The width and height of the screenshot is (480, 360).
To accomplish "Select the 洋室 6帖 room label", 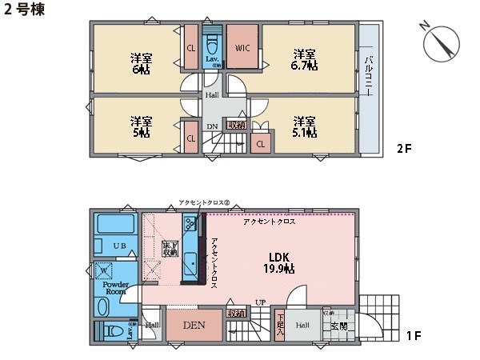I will pos(142,63).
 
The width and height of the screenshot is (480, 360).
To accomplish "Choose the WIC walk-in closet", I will pos(243,48).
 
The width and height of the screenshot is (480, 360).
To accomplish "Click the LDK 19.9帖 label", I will pos(278,262).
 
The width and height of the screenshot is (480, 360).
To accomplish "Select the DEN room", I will pos(194,326).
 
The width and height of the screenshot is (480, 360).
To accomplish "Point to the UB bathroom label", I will pos(118,245).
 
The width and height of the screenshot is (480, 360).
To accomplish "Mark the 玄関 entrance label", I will pos(338,326).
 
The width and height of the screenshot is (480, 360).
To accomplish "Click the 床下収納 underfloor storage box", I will pos(169,248).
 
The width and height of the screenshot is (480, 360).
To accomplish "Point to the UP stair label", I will pos(260,302).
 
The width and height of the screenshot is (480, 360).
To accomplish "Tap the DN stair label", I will pos(212,126).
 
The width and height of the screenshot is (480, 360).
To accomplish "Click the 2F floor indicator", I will pos(406,149).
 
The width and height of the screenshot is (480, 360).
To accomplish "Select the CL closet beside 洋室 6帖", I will pos(191,48).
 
